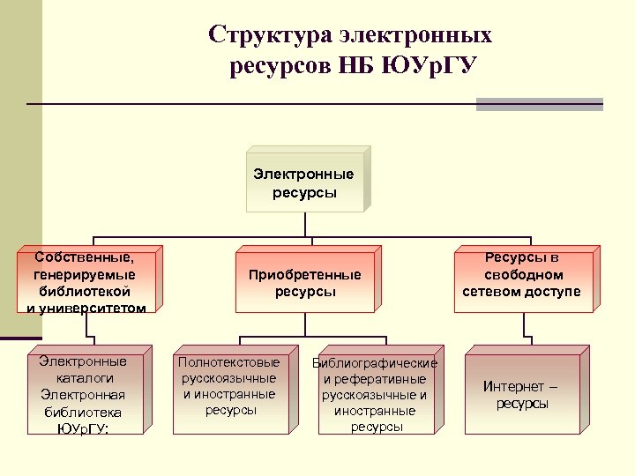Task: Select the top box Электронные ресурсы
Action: [x=303, y=183]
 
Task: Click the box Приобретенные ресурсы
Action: [x=304, y=283]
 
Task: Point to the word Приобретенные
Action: [x=304, y=275]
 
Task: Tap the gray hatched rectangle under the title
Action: [x=539, y=104]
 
